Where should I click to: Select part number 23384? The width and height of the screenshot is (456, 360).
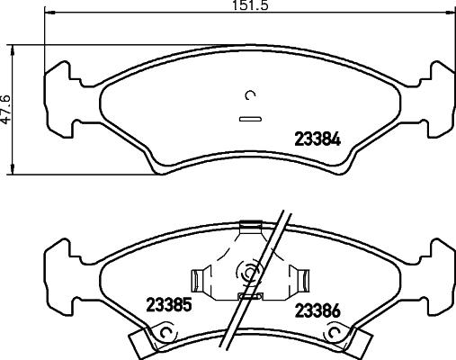(x=317, y=139)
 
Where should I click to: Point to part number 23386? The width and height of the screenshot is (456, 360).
(x=317, y=312)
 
